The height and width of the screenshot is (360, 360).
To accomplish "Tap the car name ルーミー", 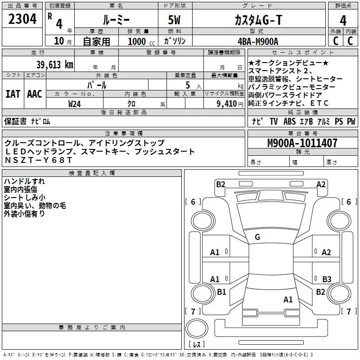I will (x=116, y=19).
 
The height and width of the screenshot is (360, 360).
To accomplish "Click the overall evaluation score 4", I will (x=343, y=20).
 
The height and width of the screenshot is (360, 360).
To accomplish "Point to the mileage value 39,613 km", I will (x=54, y=65).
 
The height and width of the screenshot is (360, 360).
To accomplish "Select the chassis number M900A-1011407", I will (x=302, y=144).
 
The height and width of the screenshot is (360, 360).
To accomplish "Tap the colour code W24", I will (x=75, y=104).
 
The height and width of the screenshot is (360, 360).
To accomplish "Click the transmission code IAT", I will (x=13, y=94).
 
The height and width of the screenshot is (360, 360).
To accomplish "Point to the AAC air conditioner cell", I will (x=34, y=94).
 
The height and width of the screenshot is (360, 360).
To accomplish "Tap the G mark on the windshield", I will (x=257, y=237).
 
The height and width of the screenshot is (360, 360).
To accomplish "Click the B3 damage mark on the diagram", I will (x=327, y=279).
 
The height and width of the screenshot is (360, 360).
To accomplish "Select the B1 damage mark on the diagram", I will (x=221, y=292).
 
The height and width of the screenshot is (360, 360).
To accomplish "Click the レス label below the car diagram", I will (x=197, y=345).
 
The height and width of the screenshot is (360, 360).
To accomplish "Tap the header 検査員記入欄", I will (x=92, y=173).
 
